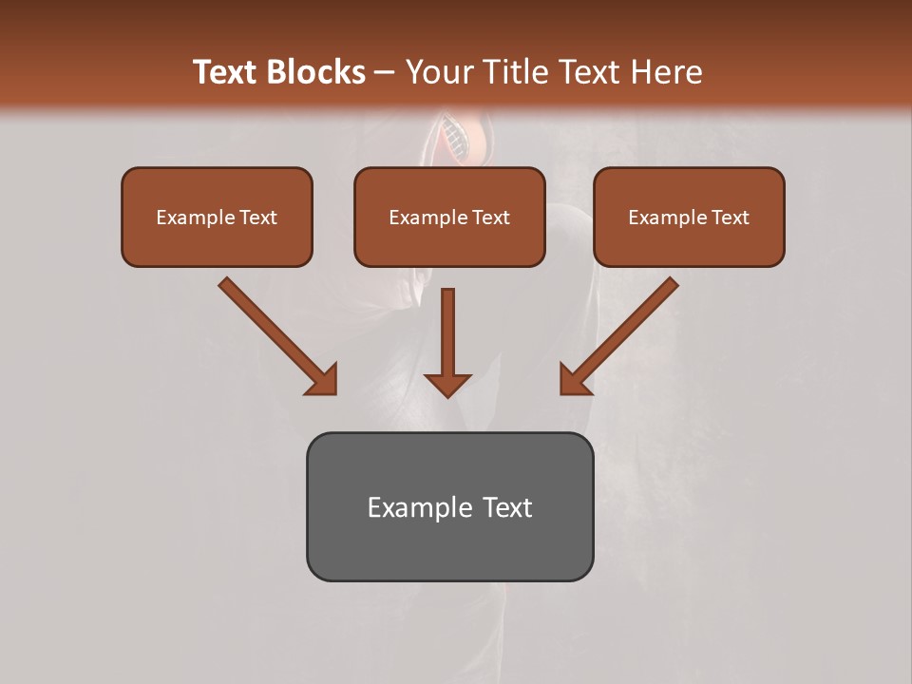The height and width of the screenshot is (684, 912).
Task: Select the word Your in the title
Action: [441, 72]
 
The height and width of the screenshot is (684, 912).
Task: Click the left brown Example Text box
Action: [217, 217]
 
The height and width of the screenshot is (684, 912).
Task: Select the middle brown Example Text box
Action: [449, 217]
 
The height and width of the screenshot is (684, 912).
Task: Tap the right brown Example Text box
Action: [689, 217]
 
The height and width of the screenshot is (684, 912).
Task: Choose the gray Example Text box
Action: [449, 506]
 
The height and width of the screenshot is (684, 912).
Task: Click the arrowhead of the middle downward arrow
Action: [447, 385]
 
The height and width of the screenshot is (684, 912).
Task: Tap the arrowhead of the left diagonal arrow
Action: [324, 380]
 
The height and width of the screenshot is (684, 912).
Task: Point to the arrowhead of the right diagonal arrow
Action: [573, 380]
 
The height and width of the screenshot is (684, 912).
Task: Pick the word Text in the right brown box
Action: [729, 218]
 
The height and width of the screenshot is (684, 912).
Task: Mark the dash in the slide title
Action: [385, 73]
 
